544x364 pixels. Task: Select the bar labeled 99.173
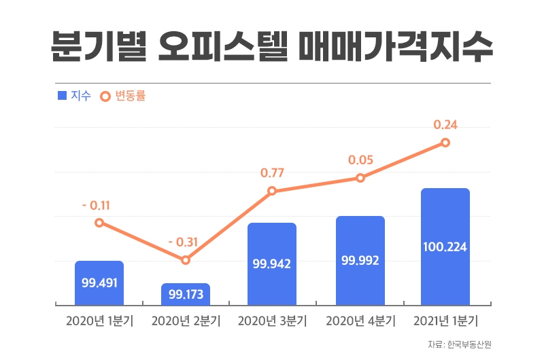pyautogui.click(x=186, y=294)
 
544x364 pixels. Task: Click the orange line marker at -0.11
pyautogui.click(x=99, y=223)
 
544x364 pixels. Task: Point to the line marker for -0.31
pyautogui.click(x=186, y=260)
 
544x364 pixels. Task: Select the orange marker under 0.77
pyautogui.click(x=272, y=191)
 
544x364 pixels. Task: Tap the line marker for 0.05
pyautogui.click(x=360, y=178)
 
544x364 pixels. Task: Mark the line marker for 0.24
pyautogui.click(x=445, y=143)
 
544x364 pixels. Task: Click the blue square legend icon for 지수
pyautogui.click(x=63, y=96)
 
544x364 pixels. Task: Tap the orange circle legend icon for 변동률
pyautogui.click(x=105, y=96)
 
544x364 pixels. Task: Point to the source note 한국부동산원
pyautogui.click(x=469, y=344)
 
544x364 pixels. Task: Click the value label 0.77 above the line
pyautogui.click(x=272, y=173)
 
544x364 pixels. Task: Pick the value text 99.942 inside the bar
pyautogui.click(x=272, y=263)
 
